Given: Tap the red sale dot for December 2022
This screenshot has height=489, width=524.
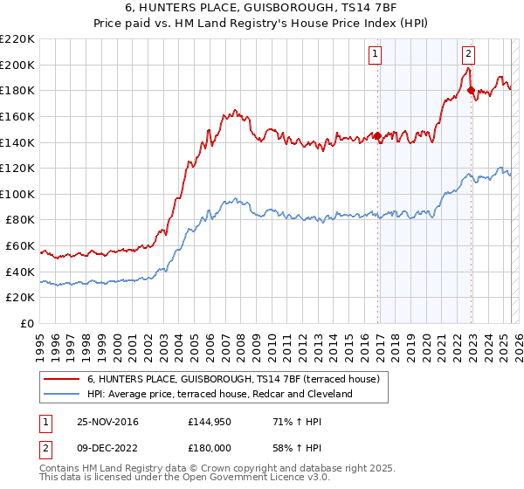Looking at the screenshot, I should (x=471, y=90).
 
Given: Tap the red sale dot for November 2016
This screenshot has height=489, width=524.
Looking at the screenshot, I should (x=378, y=135).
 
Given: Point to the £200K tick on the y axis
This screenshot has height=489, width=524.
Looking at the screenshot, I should (x=18, y=65).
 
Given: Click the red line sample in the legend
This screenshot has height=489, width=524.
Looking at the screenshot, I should (x=60, y=379).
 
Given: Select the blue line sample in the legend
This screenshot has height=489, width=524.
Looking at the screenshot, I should (x=60, y=394).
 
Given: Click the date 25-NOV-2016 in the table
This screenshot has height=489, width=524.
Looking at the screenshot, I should (x=107, y=422).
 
